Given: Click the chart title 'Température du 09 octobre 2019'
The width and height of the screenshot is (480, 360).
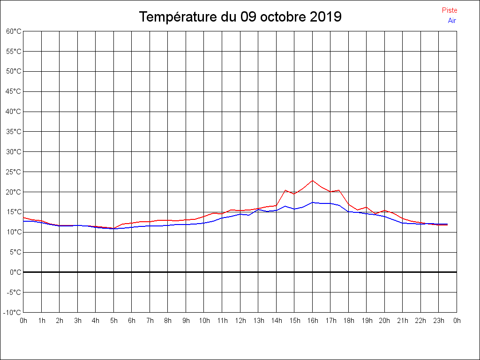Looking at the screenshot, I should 240,17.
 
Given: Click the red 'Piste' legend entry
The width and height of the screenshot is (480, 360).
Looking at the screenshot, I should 449,10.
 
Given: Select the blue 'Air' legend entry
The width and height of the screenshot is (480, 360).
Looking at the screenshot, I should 451,20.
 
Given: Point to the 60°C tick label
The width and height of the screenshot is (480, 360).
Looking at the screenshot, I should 14,31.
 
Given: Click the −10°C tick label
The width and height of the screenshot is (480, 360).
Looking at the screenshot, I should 13,312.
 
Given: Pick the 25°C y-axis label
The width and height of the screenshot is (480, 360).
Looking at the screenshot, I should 14,172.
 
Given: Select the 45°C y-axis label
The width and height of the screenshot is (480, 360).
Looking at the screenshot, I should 14,91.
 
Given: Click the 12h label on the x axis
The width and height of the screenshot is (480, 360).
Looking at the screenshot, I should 240,321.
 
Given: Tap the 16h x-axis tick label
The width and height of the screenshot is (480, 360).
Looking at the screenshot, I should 313,321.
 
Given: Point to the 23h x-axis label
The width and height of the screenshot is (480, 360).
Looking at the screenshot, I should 439,321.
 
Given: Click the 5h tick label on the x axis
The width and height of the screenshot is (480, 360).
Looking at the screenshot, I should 113,321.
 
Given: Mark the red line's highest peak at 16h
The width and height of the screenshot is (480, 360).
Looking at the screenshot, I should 313,180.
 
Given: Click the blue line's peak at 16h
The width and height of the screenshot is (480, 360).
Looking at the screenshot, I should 313,202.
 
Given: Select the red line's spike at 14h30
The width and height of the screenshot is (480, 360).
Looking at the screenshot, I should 285,190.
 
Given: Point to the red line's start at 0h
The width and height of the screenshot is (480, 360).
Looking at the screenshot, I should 23,217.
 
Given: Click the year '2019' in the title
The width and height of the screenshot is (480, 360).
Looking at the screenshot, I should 326,17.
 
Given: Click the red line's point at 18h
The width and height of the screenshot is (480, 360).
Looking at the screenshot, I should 349,204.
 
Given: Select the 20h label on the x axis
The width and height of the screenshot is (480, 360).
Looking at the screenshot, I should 385,321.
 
